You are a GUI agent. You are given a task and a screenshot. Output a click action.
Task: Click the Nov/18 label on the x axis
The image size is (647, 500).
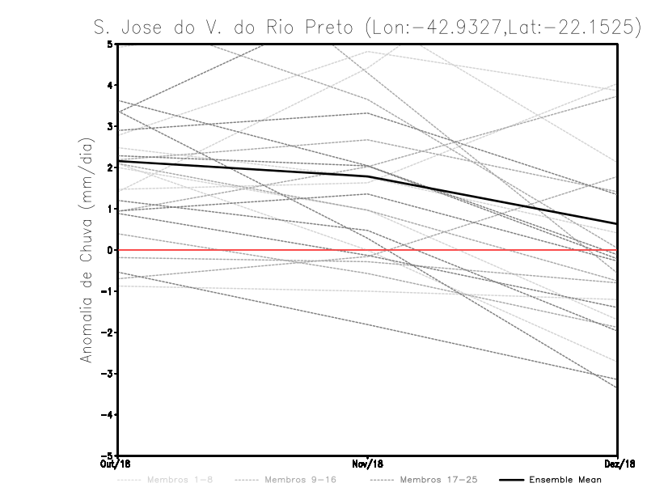368,464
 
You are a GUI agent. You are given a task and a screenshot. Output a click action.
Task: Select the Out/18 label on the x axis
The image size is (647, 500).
118,464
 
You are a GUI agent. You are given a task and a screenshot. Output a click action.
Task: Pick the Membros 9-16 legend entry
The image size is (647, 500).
299,481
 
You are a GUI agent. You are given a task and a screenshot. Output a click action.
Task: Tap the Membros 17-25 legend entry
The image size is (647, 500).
439,481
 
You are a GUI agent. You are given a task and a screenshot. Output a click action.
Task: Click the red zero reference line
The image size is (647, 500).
485,251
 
